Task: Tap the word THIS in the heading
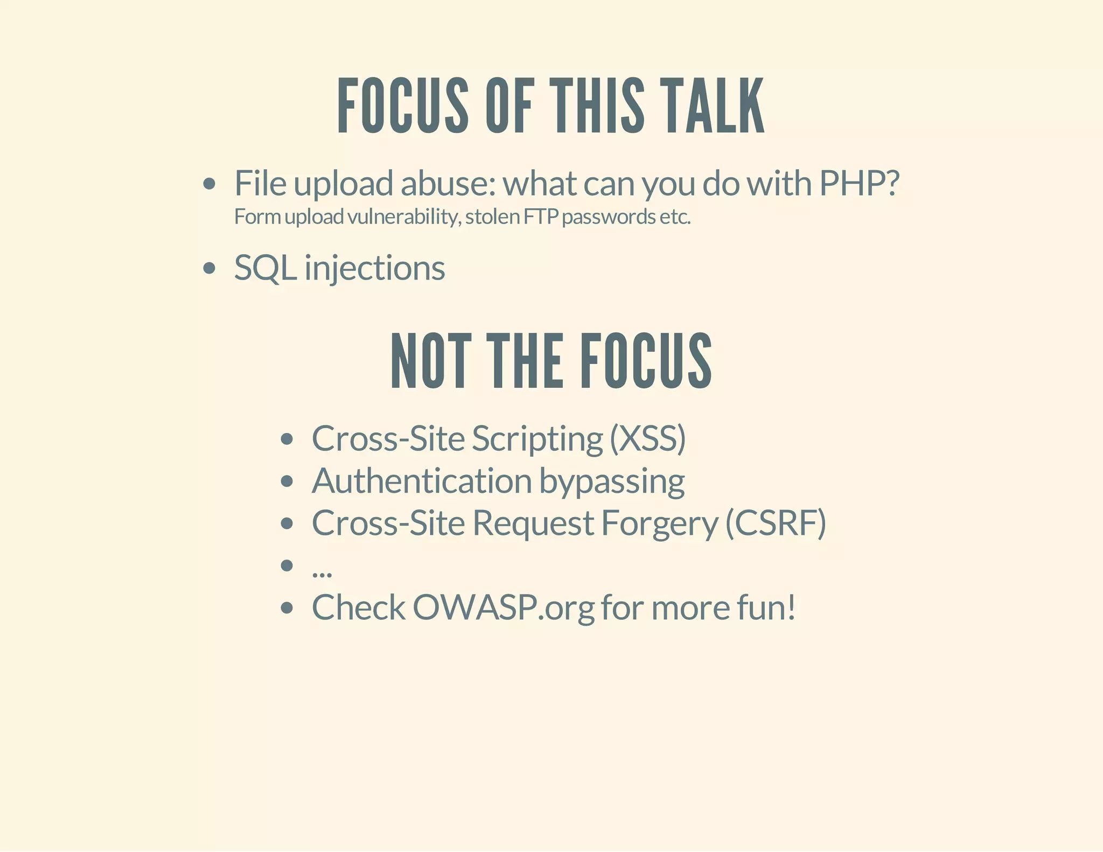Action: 597,106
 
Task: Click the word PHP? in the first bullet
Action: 859,184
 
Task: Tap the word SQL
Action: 265,268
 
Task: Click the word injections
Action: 375,268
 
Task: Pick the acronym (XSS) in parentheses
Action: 648,438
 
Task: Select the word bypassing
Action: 612,481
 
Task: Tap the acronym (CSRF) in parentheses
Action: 776,523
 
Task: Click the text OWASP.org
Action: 504,608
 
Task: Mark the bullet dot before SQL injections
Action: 210,268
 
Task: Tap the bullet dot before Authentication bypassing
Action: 287,481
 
